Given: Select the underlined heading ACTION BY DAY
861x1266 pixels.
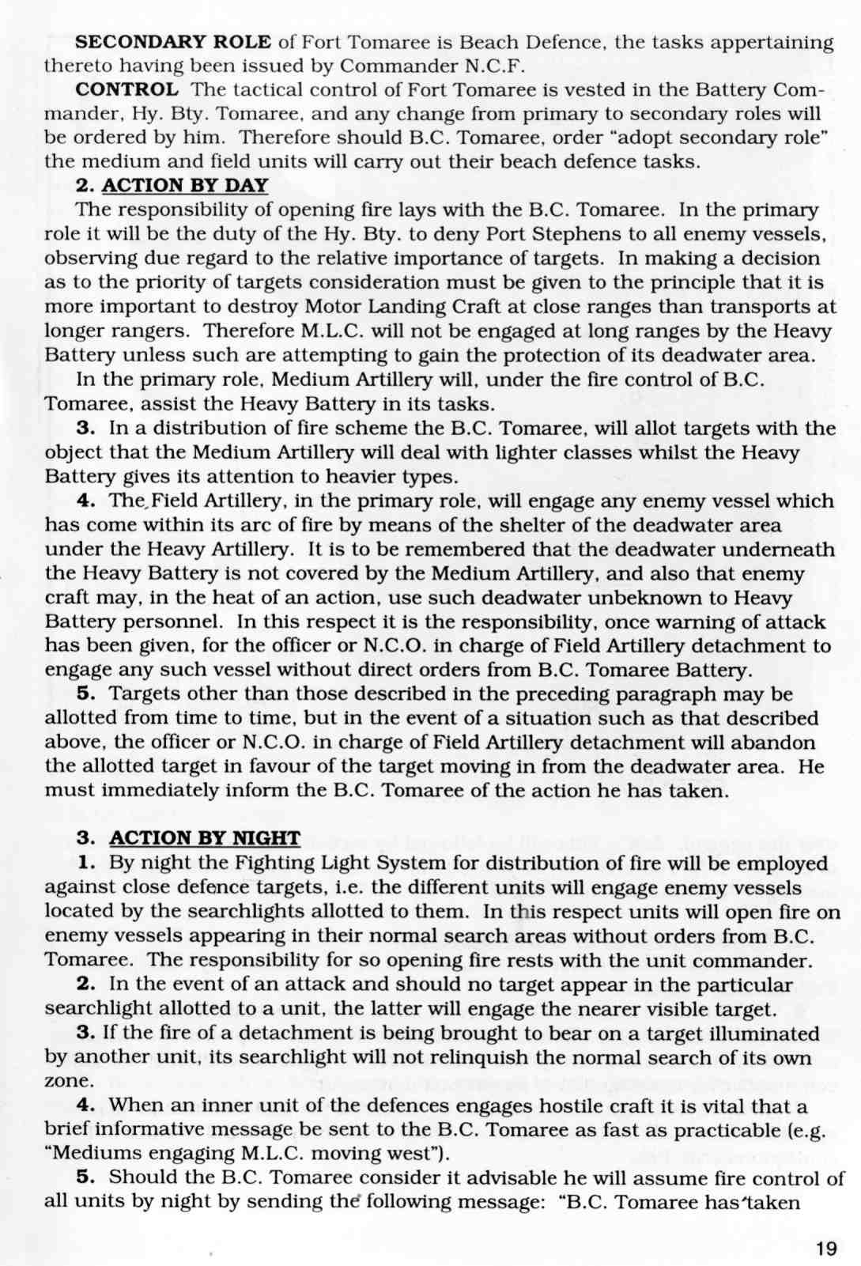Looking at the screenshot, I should click(x=185, y=186).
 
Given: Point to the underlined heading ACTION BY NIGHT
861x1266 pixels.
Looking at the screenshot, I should click(x=204, y=838).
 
